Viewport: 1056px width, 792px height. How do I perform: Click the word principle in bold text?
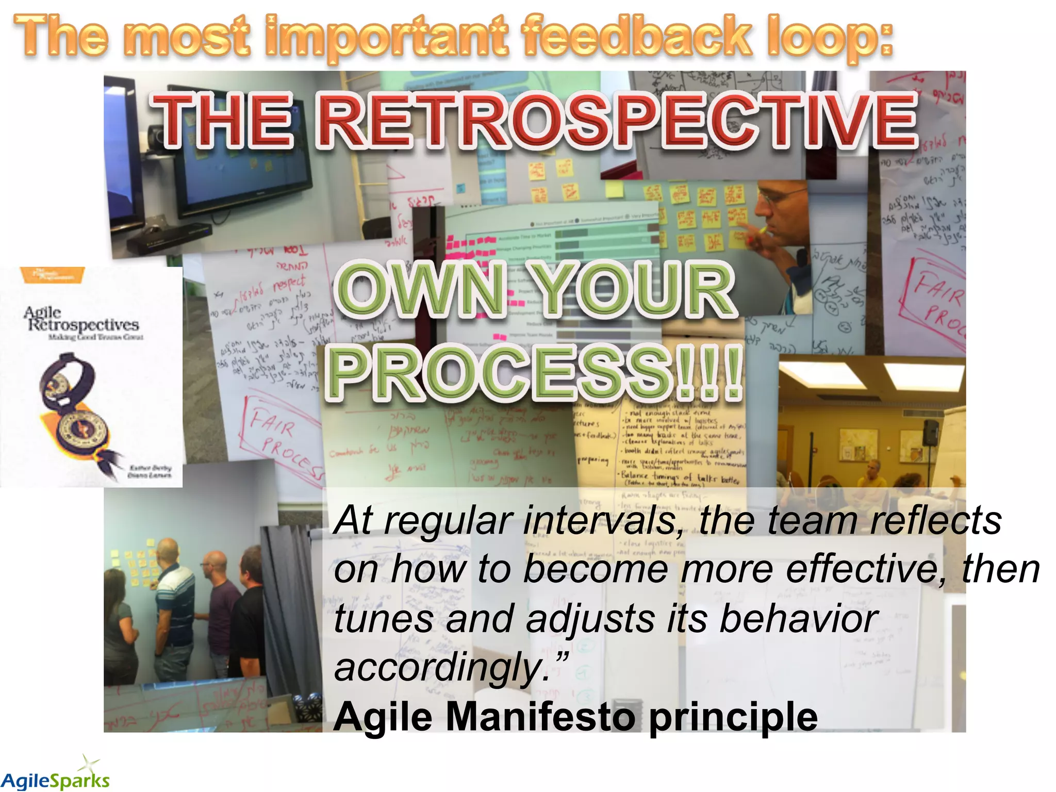click(x=732, y=717)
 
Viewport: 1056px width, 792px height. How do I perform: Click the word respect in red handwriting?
click(x=289, y=283)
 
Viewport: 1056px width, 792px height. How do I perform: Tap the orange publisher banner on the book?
click(x=52, y=274)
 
